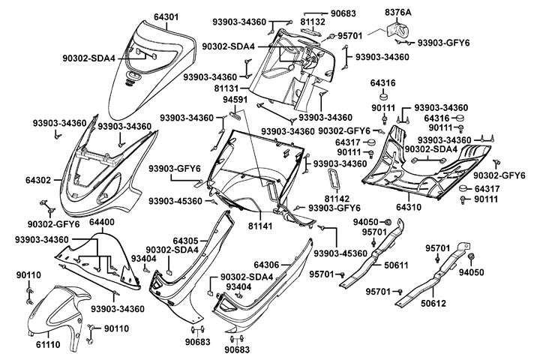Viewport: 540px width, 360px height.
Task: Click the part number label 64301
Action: (166, 16)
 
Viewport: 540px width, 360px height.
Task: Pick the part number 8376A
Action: (398, 13)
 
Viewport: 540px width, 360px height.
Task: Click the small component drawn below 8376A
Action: (397, 31)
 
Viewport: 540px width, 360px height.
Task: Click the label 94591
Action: (235, 100)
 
